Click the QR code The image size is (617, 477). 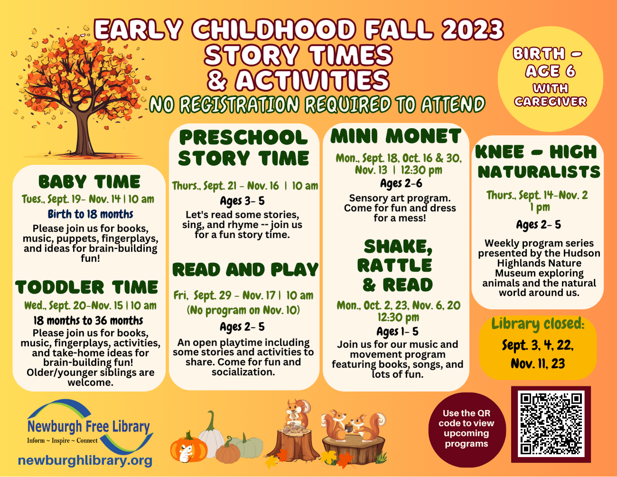tap(551, 424)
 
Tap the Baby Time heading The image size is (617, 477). tap(89, 182)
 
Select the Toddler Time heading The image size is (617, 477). tap(86, 287)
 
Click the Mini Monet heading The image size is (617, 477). tap(396, 136)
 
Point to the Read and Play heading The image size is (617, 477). tap(245, 270)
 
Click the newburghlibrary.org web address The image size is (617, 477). tap(85, 460)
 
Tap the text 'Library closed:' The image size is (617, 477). tap(538, 324)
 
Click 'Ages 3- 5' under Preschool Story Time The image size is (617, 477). tap(242, 201)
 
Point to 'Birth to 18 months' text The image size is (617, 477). tap(90, 214)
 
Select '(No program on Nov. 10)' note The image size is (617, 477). tap(243, 310)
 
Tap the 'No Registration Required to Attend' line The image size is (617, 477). tap(317, 104)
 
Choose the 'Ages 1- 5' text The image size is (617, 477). tap(397, 331)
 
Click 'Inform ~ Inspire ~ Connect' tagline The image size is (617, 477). tap(62, 440)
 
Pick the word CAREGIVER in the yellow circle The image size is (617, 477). tap(551, 101)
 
